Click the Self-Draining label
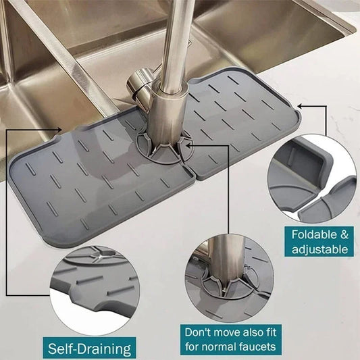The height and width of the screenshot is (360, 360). pyautogui.click(x=89, y=349)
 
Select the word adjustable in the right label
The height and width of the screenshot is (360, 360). pyautogui.click(x=320, y=249)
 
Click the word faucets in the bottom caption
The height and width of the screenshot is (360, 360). pyautogui.click(x=257, y=346)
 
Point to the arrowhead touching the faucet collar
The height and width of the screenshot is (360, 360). pyautogui.click(x=186, y=143)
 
